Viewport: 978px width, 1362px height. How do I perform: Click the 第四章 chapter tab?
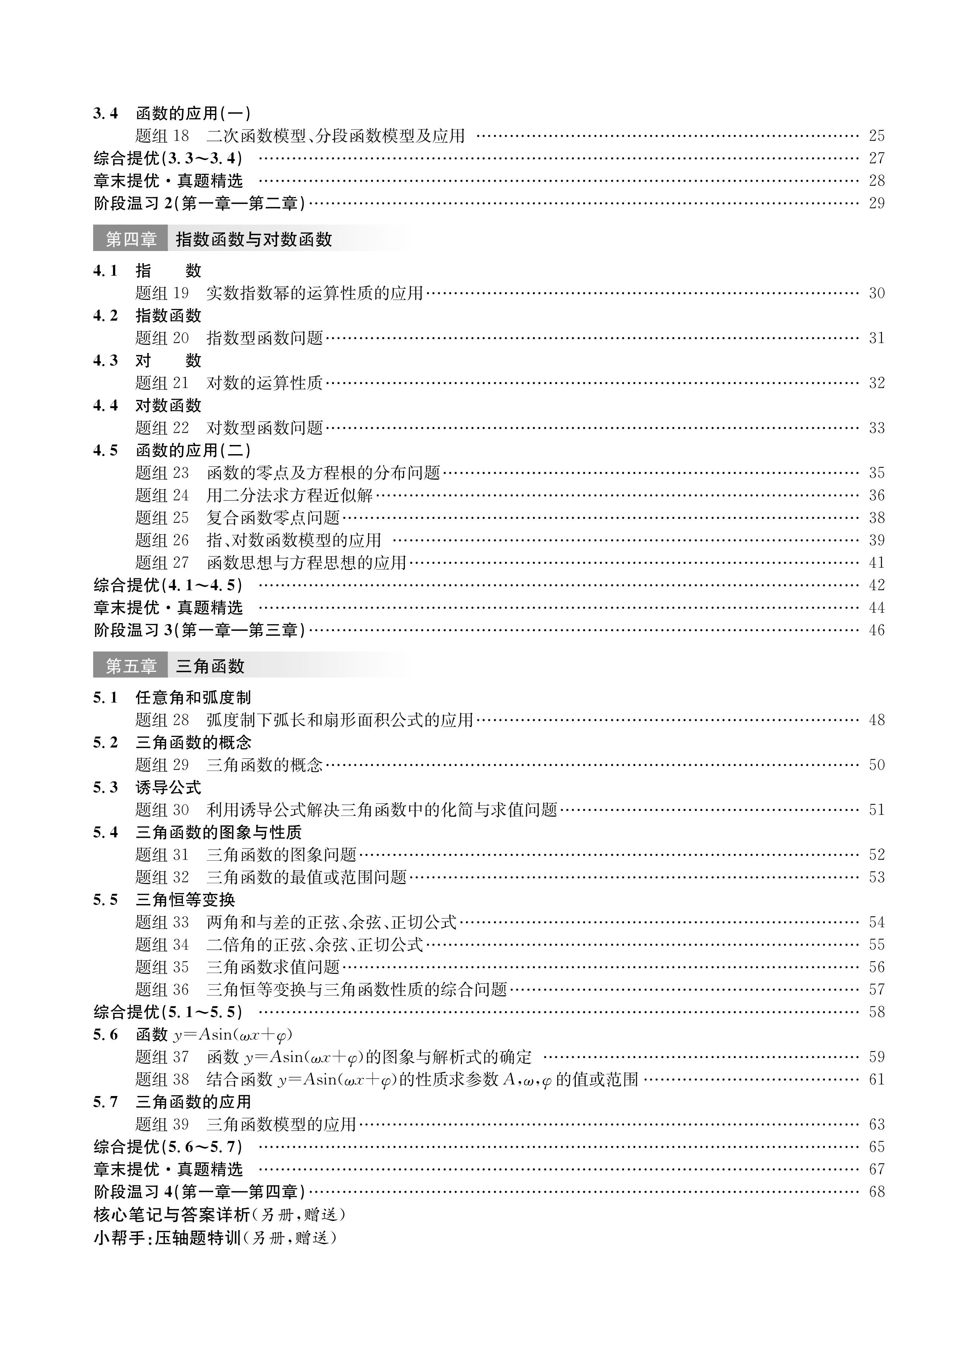pyautogui.click(x=130, y=239)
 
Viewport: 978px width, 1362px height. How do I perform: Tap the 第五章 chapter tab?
pyautogui.click(x=130, y=666)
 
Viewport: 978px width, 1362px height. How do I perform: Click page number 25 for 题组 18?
pyautogui.click(x=876, y=136)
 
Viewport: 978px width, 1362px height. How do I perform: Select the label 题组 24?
pyautogui.click(x=162, y=496)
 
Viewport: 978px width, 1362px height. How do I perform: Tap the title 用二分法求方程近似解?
pyautogui.click(x=289, y=496)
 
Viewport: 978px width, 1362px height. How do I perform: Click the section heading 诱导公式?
pyautogui.click(x=168, y=787)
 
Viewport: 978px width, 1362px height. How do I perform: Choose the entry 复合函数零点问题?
pyautogui.click(x=273, y=518)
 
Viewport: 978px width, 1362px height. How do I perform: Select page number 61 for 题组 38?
pyautogui.click(x=876, y=1079)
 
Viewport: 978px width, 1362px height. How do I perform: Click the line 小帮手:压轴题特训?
pyautogui.click(x=214, y=1238)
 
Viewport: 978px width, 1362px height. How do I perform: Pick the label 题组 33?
pyautogui.click(x=162, y=922)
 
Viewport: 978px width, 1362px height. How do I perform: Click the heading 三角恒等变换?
pyautogui.click(x=185, y=899)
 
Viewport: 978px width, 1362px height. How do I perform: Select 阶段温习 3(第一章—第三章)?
pyautogui.click(x=199, y=630)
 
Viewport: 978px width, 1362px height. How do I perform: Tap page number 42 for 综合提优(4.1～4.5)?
pyautogui.click(x=876, y=585)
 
